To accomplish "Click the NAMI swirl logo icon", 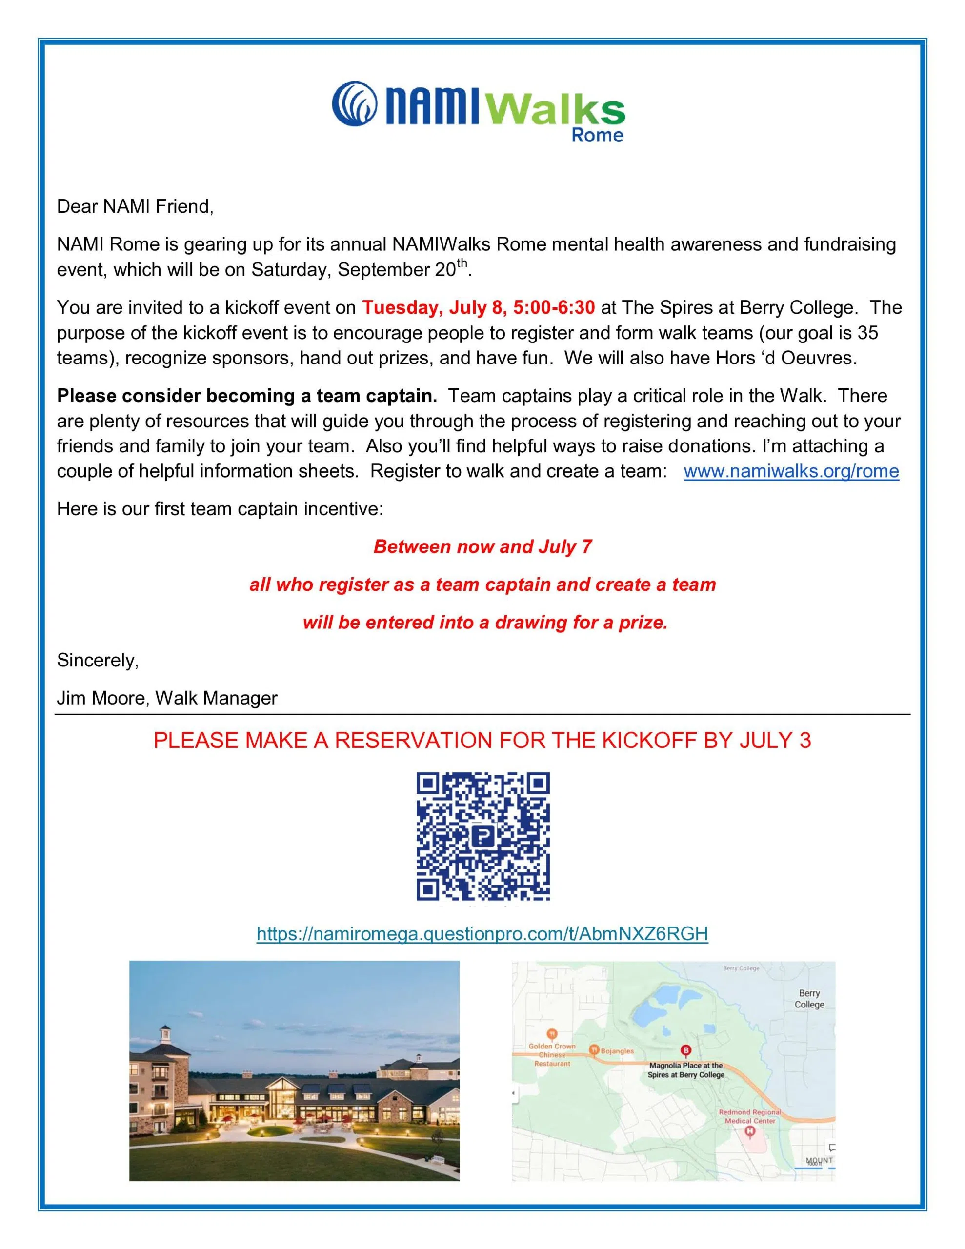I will (x=354, y=103).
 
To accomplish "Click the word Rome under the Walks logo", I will (x=597, y=136).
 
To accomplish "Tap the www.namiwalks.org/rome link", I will (x=791, y=471).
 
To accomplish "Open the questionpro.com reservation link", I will (x=482, y=933).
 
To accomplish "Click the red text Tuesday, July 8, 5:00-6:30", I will (x=478, y=308).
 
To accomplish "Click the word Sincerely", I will (x=97, y=661).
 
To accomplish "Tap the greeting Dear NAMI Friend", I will (x=135, y=206).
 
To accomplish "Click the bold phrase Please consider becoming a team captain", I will (x=246, y=396).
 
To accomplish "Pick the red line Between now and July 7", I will (x=482, y=547).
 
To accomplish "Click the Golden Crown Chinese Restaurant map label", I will (x=552, y=1055).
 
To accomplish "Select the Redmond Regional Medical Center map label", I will (x=749, y=1116).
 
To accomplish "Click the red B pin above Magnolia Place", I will (x=685, y=1050).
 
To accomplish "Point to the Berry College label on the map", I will (x=809, y=999).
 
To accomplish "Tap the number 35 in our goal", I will (x=867, y=333).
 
